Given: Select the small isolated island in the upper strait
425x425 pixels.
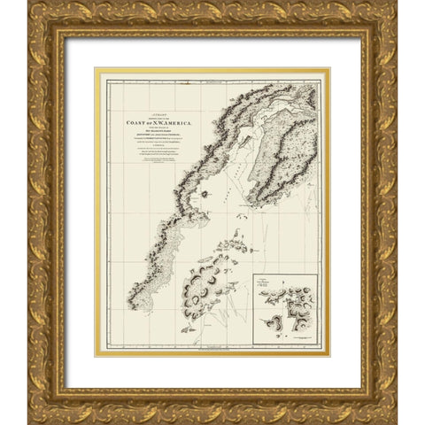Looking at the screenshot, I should (204, 192).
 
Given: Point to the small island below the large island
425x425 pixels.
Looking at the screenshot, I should (189, 328).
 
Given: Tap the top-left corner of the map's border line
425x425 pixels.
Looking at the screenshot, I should (108, 81).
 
